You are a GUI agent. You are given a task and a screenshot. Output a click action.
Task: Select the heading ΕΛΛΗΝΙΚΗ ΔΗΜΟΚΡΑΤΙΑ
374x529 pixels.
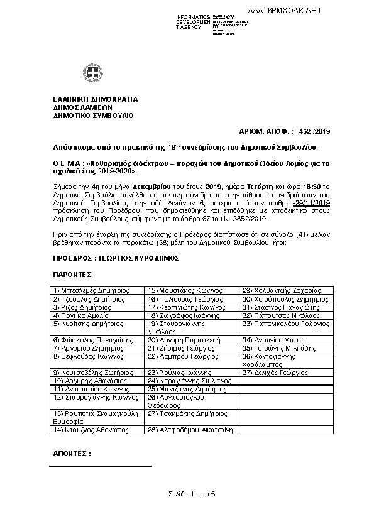coord(96,99)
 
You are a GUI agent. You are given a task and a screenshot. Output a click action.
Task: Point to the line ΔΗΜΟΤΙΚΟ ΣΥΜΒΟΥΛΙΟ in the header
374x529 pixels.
coord(93,116)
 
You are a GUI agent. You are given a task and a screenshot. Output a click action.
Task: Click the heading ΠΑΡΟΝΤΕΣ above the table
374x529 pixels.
coord(72,275)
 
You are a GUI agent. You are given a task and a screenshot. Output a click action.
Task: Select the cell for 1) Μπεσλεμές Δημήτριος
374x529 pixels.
coord(92,291)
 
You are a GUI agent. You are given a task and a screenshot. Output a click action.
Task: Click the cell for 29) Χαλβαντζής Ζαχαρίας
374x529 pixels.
coord(282,291)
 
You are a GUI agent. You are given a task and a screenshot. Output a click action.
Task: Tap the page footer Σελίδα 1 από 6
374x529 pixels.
coord(192,494)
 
